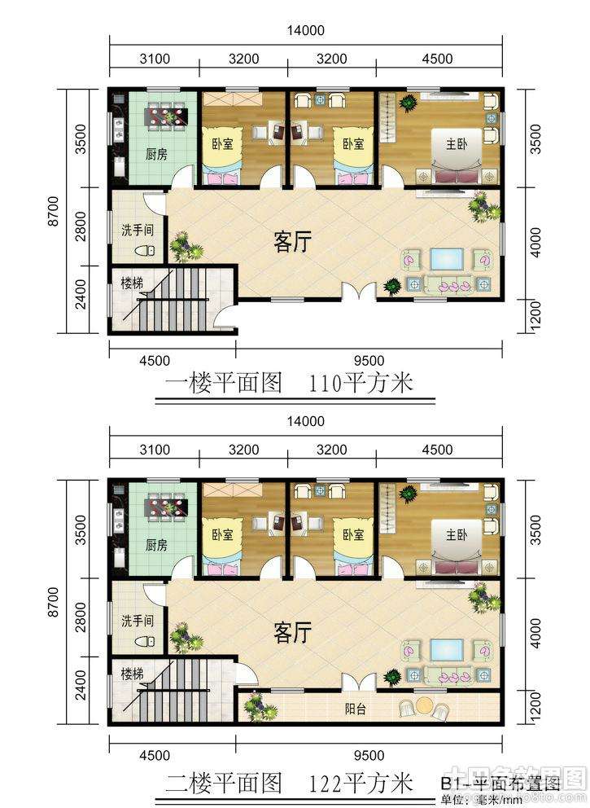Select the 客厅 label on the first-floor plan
[292, 242]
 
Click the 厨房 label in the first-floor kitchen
[156, 154]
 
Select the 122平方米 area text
[361, 784]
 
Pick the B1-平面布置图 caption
[500, 785]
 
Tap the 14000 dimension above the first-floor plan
[306, 31]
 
